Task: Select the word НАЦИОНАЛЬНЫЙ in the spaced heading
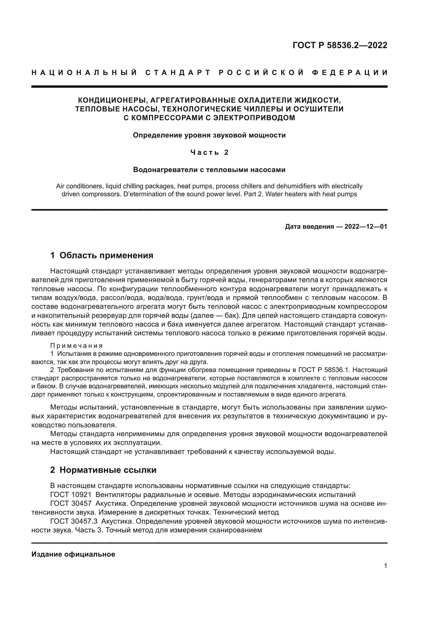84,73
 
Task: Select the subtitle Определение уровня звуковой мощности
209,135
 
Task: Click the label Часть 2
209,153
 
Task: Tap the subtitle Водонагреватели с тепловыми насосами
209,170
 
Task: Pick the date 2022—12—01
366,227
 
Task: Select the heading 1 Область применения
102,255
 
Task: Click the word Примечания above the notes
76,346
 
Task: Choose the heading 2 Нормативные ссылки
103,470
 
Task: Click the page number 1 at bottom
385,566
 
